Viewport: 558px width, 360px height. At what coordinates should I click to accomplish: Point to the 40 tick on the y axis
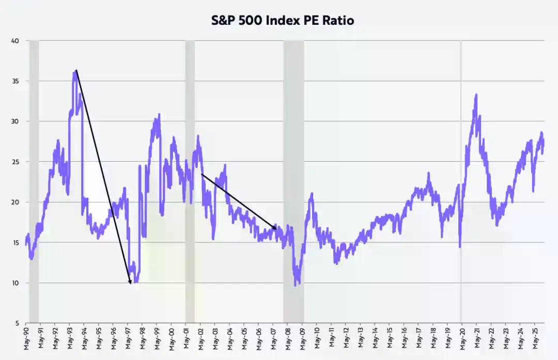pos(16,41)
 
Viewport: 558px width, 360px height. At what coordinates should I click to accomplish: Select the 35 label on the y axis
pos(16,81)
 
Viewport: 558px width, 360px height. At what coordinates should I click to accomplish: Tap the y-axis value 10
pos(16,283)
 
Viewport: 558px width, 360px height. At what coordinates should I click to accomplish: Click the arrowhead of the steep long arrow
pos(130,283)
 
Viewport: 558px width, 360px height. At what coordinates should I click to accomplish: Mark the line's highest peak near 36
pos(75,72)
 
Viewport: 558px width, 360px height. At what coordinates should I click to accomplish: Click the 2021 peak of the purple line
pos(475,95)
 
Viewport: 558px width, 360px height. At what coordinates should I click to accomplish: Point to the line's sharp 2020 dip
pos(460,246)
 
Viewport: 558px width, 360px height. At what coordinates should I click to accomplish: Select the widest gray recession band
pos(293,181)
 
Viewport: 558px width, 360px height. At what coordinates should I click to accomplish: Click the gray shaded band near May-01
pos(190,181)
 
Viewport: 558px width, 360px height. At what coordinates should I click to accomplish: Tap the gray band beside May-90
pos(34,181)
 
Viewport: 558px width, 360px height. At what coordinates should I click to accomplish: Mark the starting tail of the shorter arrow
pos(201,174)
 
